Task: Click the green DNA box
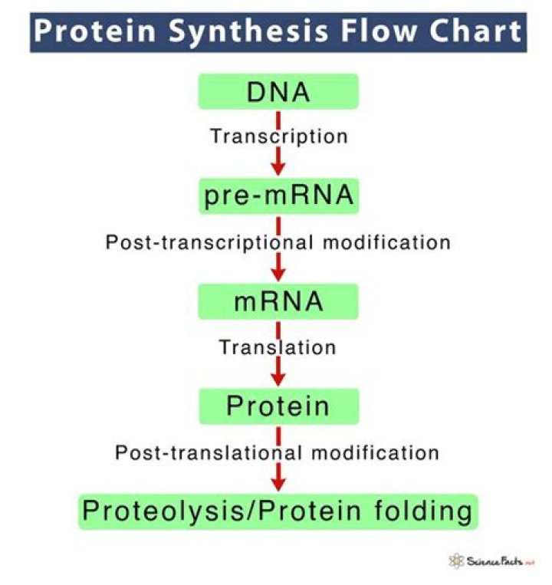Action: pos(278,91)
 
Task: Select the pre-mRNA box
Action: pos(278,196)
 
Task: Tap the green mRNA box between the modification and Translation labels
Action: pos(278,301)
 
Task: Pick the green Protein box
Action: pos(278,406)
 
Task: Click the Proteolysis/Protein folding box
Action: pos(278,511)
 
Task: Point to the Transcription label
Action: pos(279,136)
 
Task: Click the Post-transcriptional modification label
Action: pos(278,242)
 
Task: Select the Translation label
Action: pos(278,347)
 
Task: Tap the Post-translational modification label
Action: pos(278,452)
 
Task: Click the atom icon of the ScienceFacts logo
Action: pos(458,561)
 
